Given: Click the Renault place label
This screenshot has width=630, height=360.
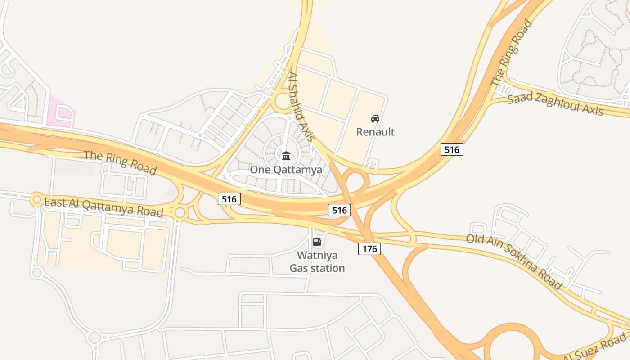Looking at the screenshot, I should pos(375,132).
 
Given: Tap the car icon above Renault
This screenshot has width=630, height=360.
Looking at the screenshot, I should pos(375,119).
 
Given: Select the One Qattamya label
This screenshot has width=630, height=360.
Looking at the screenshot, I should pos(286,170).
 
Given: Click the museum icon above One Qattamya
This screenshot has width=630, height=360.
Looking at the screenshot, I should pos(286,156).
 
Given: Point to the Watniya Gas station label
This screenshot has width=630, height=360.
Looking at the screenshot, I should pos(317,262).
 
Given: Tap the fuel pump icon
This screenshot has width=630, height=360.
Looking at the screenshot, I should pos(317,242).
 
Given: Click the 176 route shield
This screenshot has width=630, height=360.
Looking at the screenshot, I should pos(369,248).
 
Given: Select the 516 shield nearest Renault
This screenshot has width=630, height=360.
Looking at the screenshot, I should pos(452,149).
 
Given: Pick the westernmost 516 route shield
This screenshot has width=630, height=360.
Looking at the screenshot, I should pos(229,198).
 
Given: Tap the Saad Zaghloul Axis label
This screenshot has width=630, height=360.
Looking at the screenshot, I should pos(555,105).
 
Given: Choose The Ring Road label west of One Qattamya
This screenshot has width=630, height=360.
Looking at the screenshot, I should pos(121,162).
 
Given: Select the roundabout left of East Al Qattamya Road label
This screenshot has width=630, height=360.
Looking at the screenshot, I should pos(36,199).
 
